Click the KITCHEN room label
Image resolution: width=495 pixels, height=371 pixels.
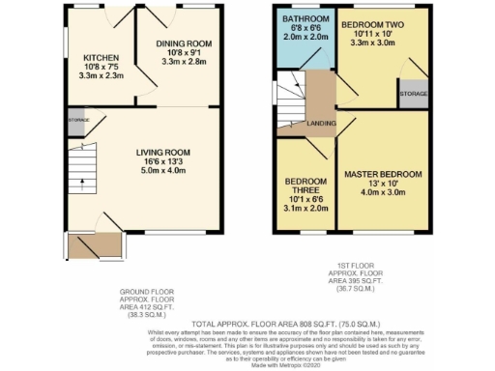pyautogui.click(x=101, y=57)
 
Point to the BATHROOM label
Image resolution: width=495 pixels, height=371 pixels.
pyautogui.click(x=299, y=19)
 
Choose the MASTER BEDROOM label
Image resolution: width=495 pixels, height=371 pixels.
pyautogui.click(x=384, y=175)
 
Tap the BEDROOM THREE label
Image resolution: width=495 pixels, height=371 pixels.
pyautogui.click(x=306, y=183)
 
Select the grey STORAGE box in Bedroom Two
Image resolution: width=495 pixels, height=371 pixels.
pyautogui.click(x=413, y=94)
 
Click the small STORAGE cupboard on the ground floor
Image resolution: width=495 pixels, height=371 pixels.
pyautogui.click(x=78, y=121)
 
